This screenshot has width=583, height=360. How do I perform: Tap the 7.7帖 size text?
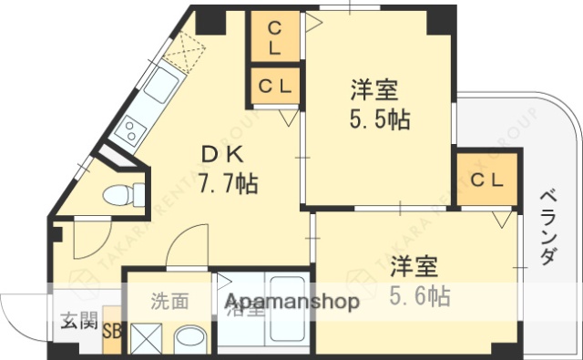coord(228,183)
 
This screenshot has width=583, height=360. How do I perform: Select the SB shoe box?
coord(113,333)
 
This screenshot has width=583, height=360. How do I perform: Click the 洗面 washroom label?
coord(169,300)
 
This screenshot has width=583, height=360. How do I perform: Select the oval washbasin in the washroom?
coord(189,340)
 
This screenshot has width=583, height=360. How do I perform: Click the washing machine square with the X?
coord(146,339)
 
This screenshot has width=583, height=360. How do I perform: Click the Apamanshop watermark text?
coord(291,303)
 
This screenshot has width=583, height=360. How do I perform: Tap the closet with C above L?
coord(274,36)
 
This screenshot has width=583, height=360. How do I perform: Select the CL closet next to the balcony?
coord(486,180)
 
